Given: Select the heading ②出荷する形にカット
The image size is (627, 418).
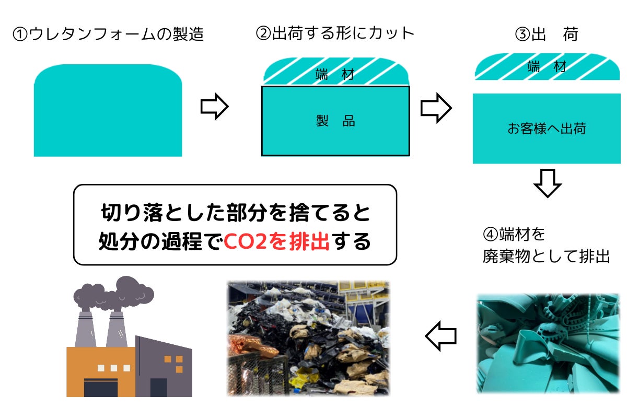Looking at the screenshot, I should (x=335, y=33).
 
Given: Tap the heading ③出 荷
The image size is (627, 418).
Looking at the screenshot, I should (x=547, y=34).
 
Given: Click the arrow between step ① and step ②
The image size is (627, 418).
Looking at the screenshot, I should (x=215, y=107).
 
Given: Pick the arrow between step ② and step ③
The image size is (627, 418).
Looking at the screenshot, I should (x=436, y=108).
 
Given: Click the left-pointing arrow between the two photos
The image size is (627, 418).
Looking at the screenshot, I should (x=441, y=336).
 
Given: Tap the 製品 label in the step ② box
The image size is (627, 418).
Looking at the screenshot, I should (x=335, y=121).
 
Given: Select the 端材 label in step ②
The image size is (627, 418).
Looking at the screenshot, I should (x=335, y=75).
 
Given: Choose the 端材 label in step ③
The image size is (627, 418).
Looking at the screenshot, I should (x=547, y=67).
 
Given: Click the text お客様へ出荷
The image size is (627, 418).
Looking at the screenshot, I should (x=547, y=129).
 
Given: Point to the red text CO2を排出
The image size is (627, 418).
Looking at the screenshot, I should (x=276, y=242).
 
